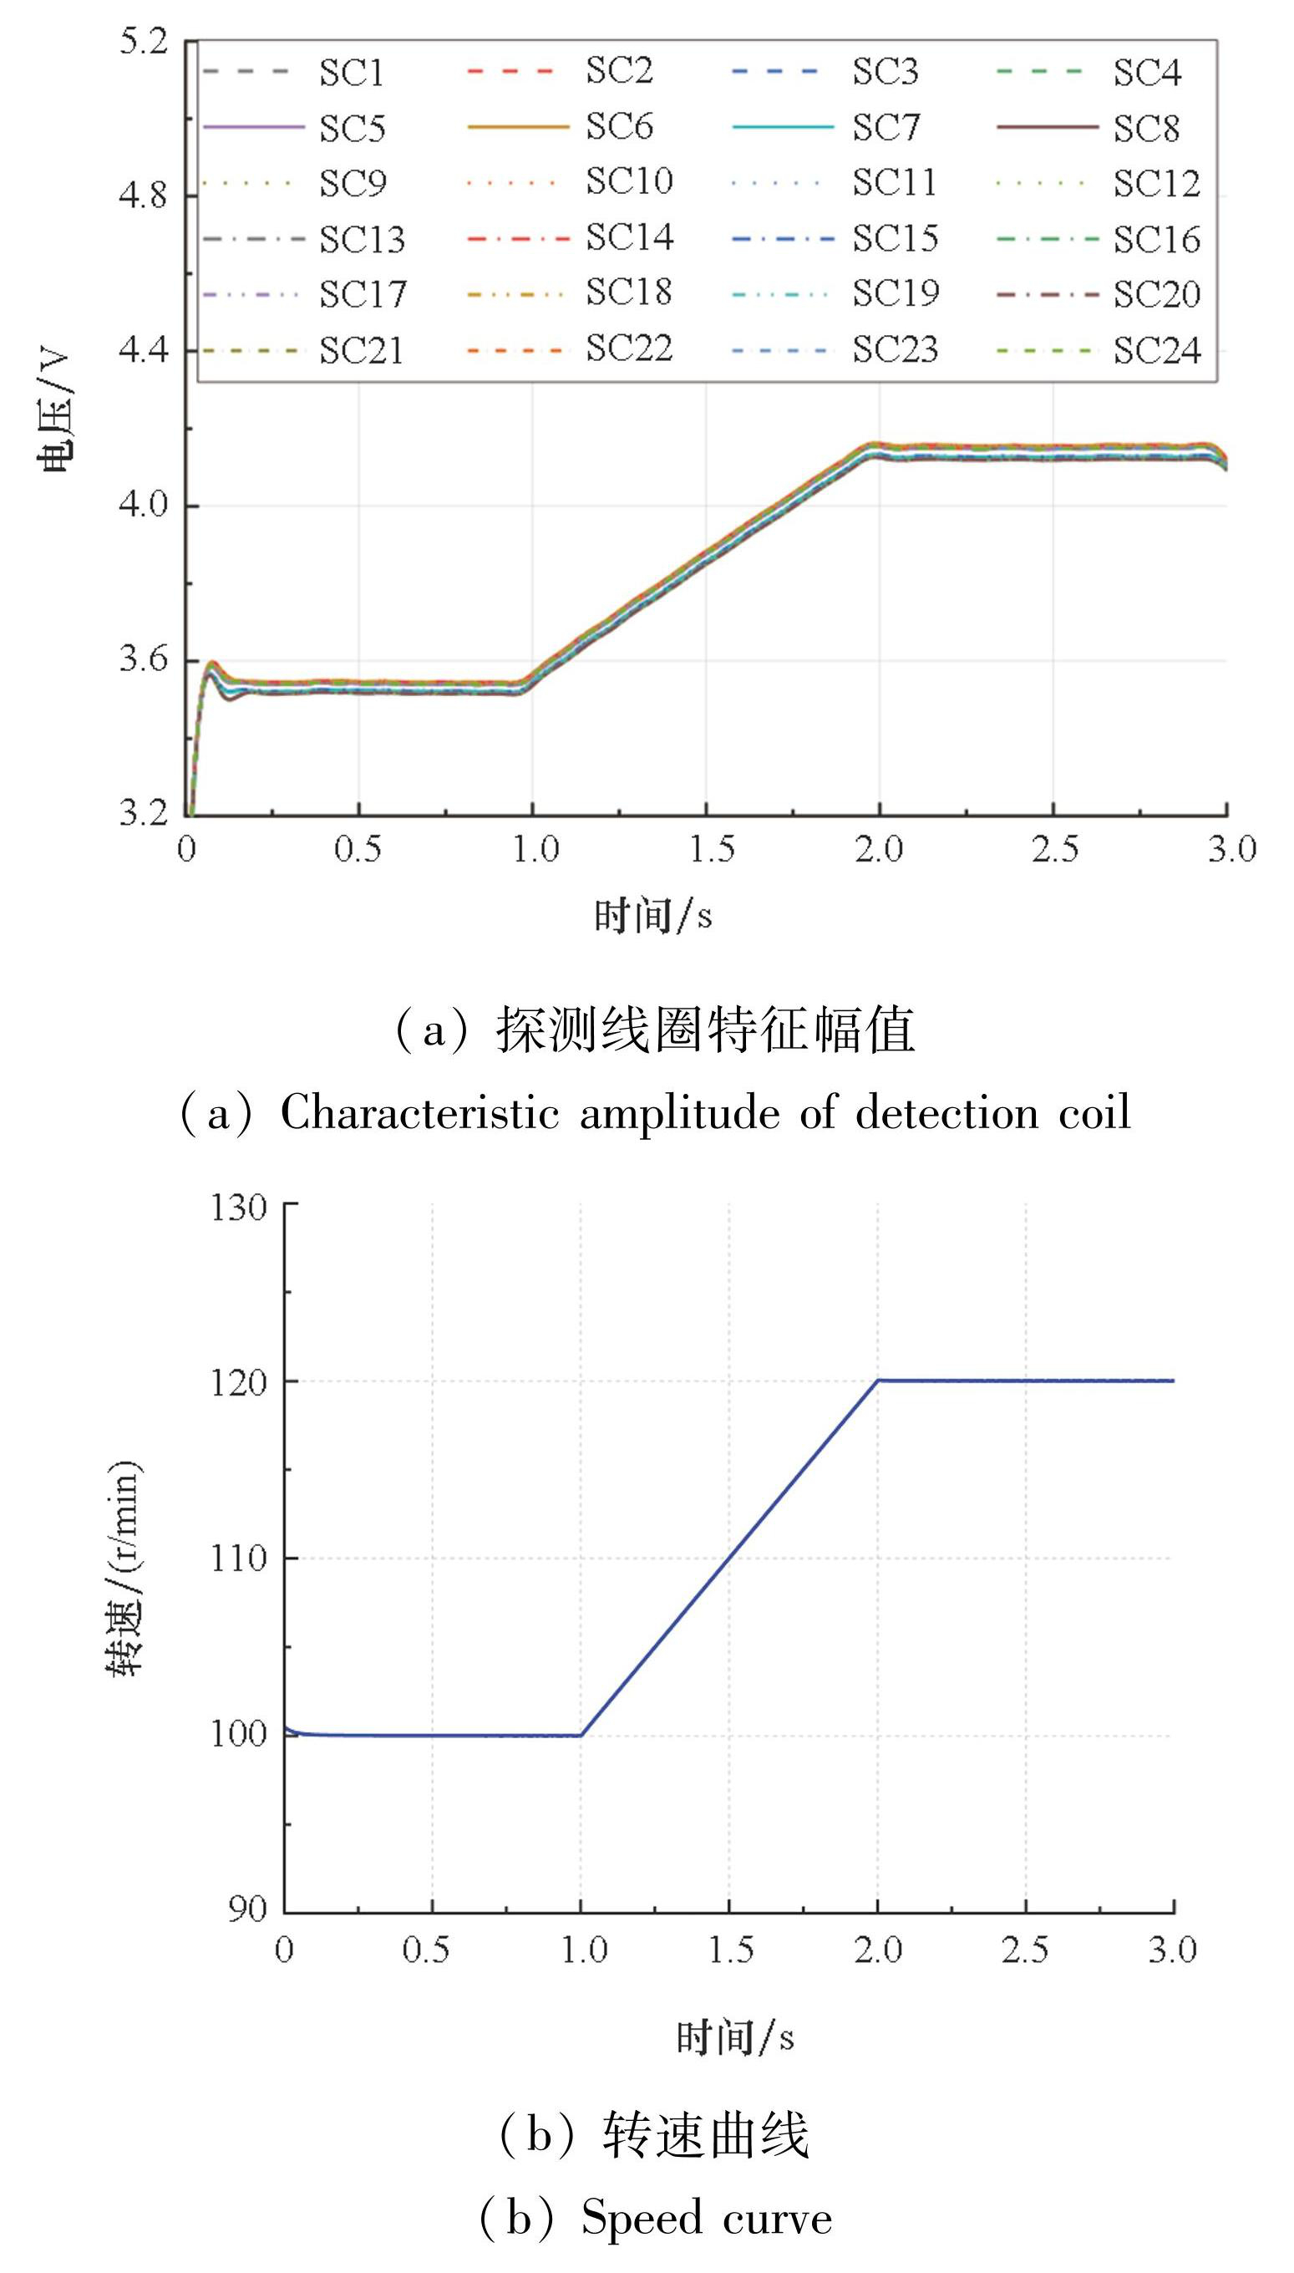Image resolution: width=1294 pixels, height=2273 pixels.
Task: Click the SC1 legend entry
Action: point(351,73)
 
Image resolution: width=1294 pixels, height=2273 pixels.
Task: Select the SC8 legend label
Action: point(1146,129)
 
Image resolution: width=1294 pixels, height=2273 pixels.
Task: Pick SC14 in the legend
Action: point(629,238)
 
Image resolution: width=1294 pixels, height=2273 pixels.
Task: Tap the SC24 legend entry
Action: point(1156,350)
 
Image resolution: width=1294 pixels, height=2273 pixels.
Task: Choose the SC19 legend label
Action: point(895,293)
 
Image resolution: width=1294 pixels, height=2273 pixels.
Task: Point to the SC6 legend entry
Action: point(618,127)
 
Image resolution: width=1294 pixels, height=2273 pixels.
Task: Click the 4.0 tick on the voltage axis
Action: point(143,505)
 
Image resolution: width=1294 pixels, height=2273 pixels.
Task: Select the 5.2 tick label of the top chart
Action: point(143,41)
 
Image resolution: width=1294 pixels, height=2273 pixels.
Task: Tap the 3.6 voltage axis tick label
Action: point(143,659)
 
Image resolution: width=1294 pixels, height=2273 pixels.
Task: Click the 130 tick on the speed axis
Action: point(238,1208)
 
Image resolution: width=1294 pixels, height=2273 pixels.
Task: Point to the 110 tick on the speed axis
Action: point(238,1559)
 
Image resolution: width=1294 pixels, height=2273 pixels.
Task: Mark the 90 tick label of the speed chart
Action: point(246,1909)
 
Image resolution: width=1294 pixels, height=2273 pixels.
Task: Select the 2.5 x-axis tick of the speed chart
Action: point(1025,1950)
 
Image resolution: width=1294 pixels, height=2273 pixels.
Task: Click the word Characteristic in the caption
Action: point(419,1113)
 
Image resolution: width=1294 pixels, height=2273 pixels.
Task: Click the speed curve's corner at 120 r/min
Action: point(878,1381)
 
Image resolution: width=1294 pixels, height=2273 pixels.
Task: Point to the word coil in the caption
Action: point(1094,1113)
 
